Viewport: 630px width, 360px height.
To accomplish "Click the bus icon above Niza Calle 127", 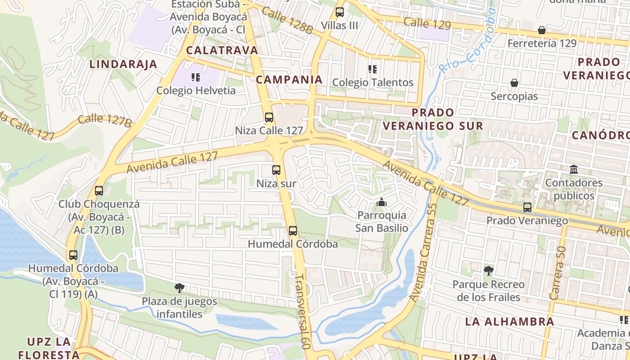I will pyautogui.click(x=269, y=117).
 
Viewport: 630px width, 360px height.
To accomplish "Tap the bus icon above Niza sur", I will pyautogui.click(x=276, y=170).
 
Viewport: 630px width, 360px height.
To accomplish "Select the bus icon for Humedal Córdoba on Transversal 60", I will pyautogui.click(x=293, y=231).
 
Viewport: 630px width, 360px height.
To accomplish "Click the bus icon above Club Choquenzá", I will pyautogui.click(x=99, y=191).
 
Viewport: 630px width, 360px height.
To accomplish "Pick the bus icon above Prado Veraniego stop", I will pyautogui.click(x=527, y=207).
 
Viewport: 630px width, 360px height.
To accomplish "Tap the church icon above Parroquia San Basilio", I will pyautogui.click(x=382, y=202).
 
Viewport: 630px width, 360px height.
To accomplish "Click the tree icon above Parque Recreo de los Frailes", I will pyautogui.click(x=488, y=271).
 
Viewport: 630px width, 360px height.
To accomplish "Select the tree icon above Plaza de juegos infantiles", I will pyautogui.click(x=180, y=288).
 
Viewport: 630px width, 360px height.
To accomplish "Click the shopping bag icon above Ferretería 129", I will pyautogui.click(x=542, y=30).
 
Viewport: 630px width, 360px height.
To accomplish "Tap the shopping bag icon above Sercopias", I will pyautogui.click(x=514, y=83).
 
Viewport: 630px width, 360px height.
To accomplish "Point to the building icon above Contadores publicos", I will pyautogui.click(x=574, y=170).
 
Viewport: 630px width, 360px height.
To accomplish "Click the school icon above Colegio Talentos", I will pyautogui.click(x=373, y=69).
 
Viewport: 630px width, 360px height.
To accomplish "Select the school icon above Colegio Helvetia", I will pyautogui.click(x=196, y=77).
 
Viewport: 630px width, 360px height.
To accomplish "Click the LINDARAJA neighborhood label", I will pyautogui.click(x=123, y=64).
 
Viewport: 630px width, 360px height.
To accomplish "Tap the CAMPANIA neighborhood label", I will pyautogui.click(x=289, y=80).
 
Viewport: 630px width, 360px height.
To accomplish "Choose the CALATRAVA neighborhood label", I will pyautogui.click(x=222, y=50).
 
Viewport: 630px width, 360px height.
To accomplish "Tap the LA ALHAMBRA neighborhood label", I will pyautogui.click(x=509, y=322).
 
